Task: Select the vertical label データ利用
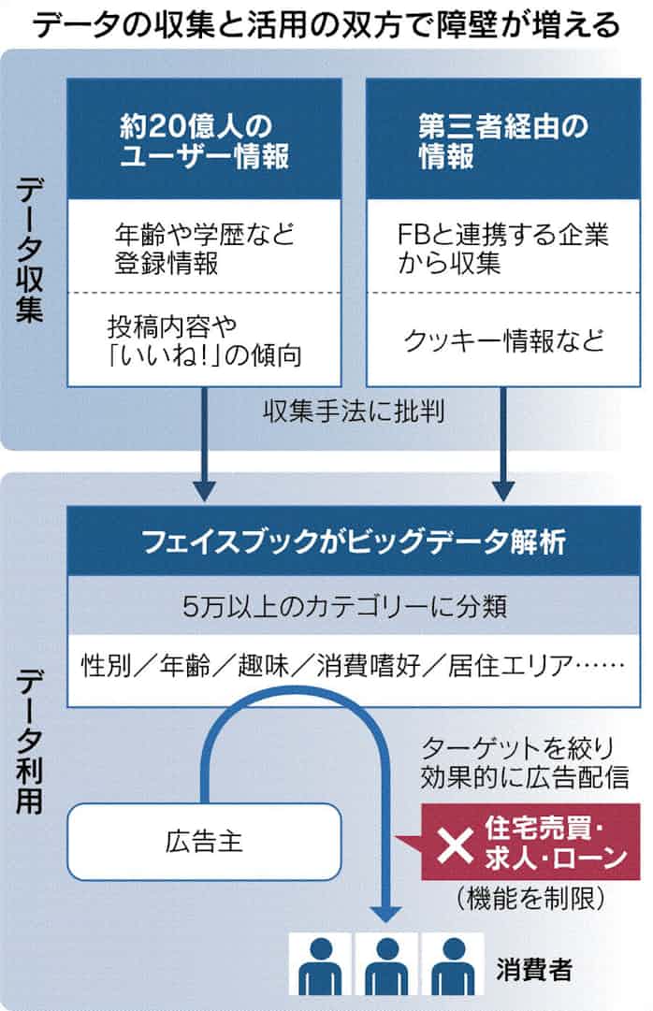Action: tap(30, 738)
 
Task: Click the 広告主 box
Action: tap(203, 841)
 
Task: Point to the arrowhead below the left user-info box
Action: tap(205, 489)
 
